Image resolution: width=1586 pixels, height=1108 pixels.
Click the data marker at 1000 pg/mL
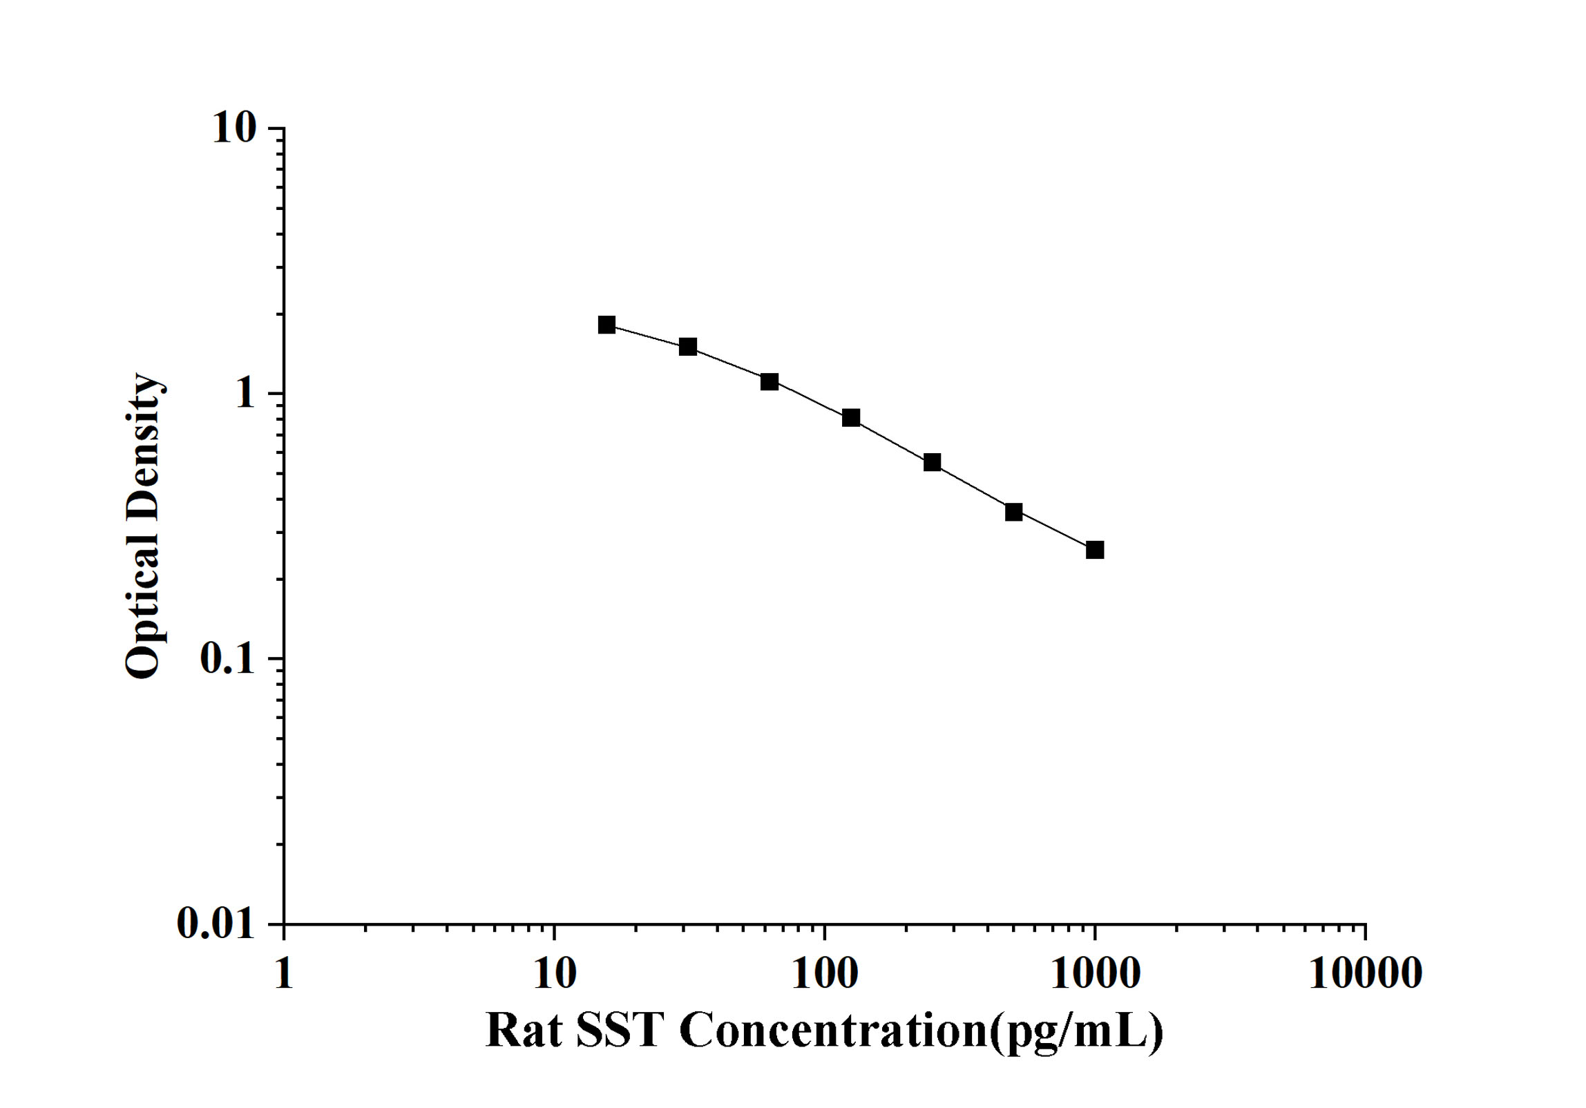pos(1095,551)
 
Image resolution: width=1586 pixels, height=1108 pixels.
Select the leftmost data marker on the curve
pos(606,325)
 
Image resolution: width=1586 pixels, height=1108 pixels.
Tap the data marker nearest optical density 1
pos(770,382)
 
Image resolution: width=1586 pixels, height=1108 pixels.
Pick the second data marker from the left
pos(688,347)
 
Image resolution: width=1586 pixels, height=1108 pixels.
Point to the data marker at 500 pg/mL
pos(1013,513)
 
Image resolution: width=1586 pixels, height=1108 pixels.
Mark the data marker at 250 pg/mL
pos(933,463)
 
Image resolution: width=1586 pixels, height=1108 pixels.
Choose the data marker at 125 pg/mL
pos(851,418)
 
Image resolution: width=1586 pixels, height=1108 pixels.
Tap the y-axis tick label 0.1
pos(227,659)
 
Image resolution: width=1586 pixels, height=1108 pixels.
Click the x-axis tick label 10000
pos(1365,974)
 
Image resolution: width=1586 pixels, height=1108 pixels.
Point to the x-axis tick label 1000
pos(1096,974)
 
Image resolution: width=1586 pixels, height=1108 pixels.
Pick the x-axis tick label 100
pos(825,974)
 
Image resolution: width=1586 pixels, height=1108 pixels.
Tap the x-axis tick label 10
pos(555,974)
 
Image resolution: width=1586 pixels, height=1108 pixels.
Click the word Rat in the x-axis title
pos(523,1031)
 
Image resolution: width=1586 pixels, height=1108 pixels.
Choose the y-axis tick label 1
pos(244,394)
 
